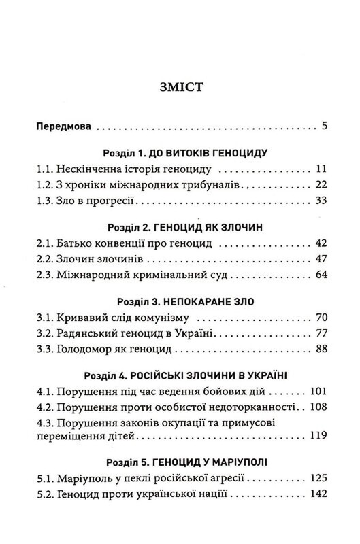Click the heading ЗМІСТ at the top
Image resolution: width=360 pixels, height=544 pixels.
click(179, 87)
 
